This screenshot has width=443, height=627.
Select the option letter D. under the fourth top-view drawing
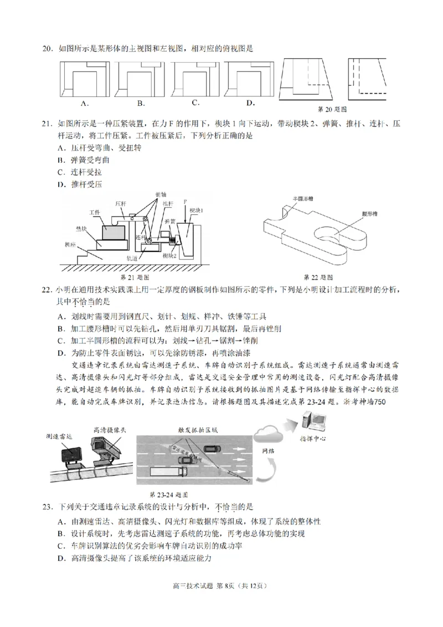point(250,102)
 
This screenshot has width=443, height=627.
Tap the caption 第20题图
point(332,109)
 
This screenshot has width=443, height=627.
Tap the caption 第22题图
point(318,276)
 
